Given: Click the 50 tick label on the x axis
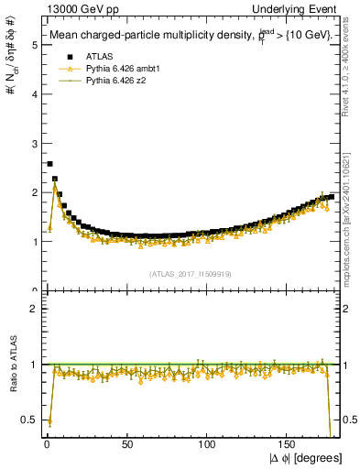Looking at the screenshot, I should click(127, 444).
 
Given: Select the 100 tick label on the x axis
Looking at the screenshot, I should click(208, 444).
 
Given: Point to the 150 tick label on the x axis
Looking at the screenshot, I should click(289, 444).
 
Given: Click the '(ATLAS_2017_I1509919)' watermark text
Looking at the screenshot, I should click(190, 273).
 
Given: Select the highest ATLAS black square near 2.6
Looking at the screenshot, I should click(49, 164).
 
